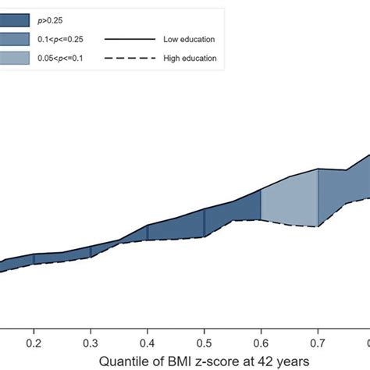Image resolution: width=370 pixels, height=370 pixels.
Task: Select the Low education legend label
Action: [x=189, y=38]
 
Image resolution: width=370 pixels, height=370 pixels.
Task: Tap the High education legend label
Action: [x=190, y=58]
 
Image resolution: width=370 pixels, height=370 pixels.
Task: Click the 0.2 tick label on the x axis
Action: [x=34, y=343]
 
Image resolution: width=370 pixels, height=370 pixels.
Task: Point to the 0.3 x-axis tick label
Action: [x=91, y=343]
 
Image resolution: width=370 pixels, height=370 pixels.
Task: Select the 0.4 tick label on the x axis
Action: [x=148, y=343]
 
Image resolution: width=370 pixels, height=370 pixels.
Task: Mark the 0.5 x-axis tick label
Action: [x=204, y=343]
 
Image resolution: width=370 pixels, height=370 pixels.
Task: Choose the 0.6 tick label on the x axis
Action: [x=261, y=343]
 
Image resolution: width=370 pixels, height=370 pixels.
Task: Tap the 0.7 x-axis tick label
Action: [x=317, y=343]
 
